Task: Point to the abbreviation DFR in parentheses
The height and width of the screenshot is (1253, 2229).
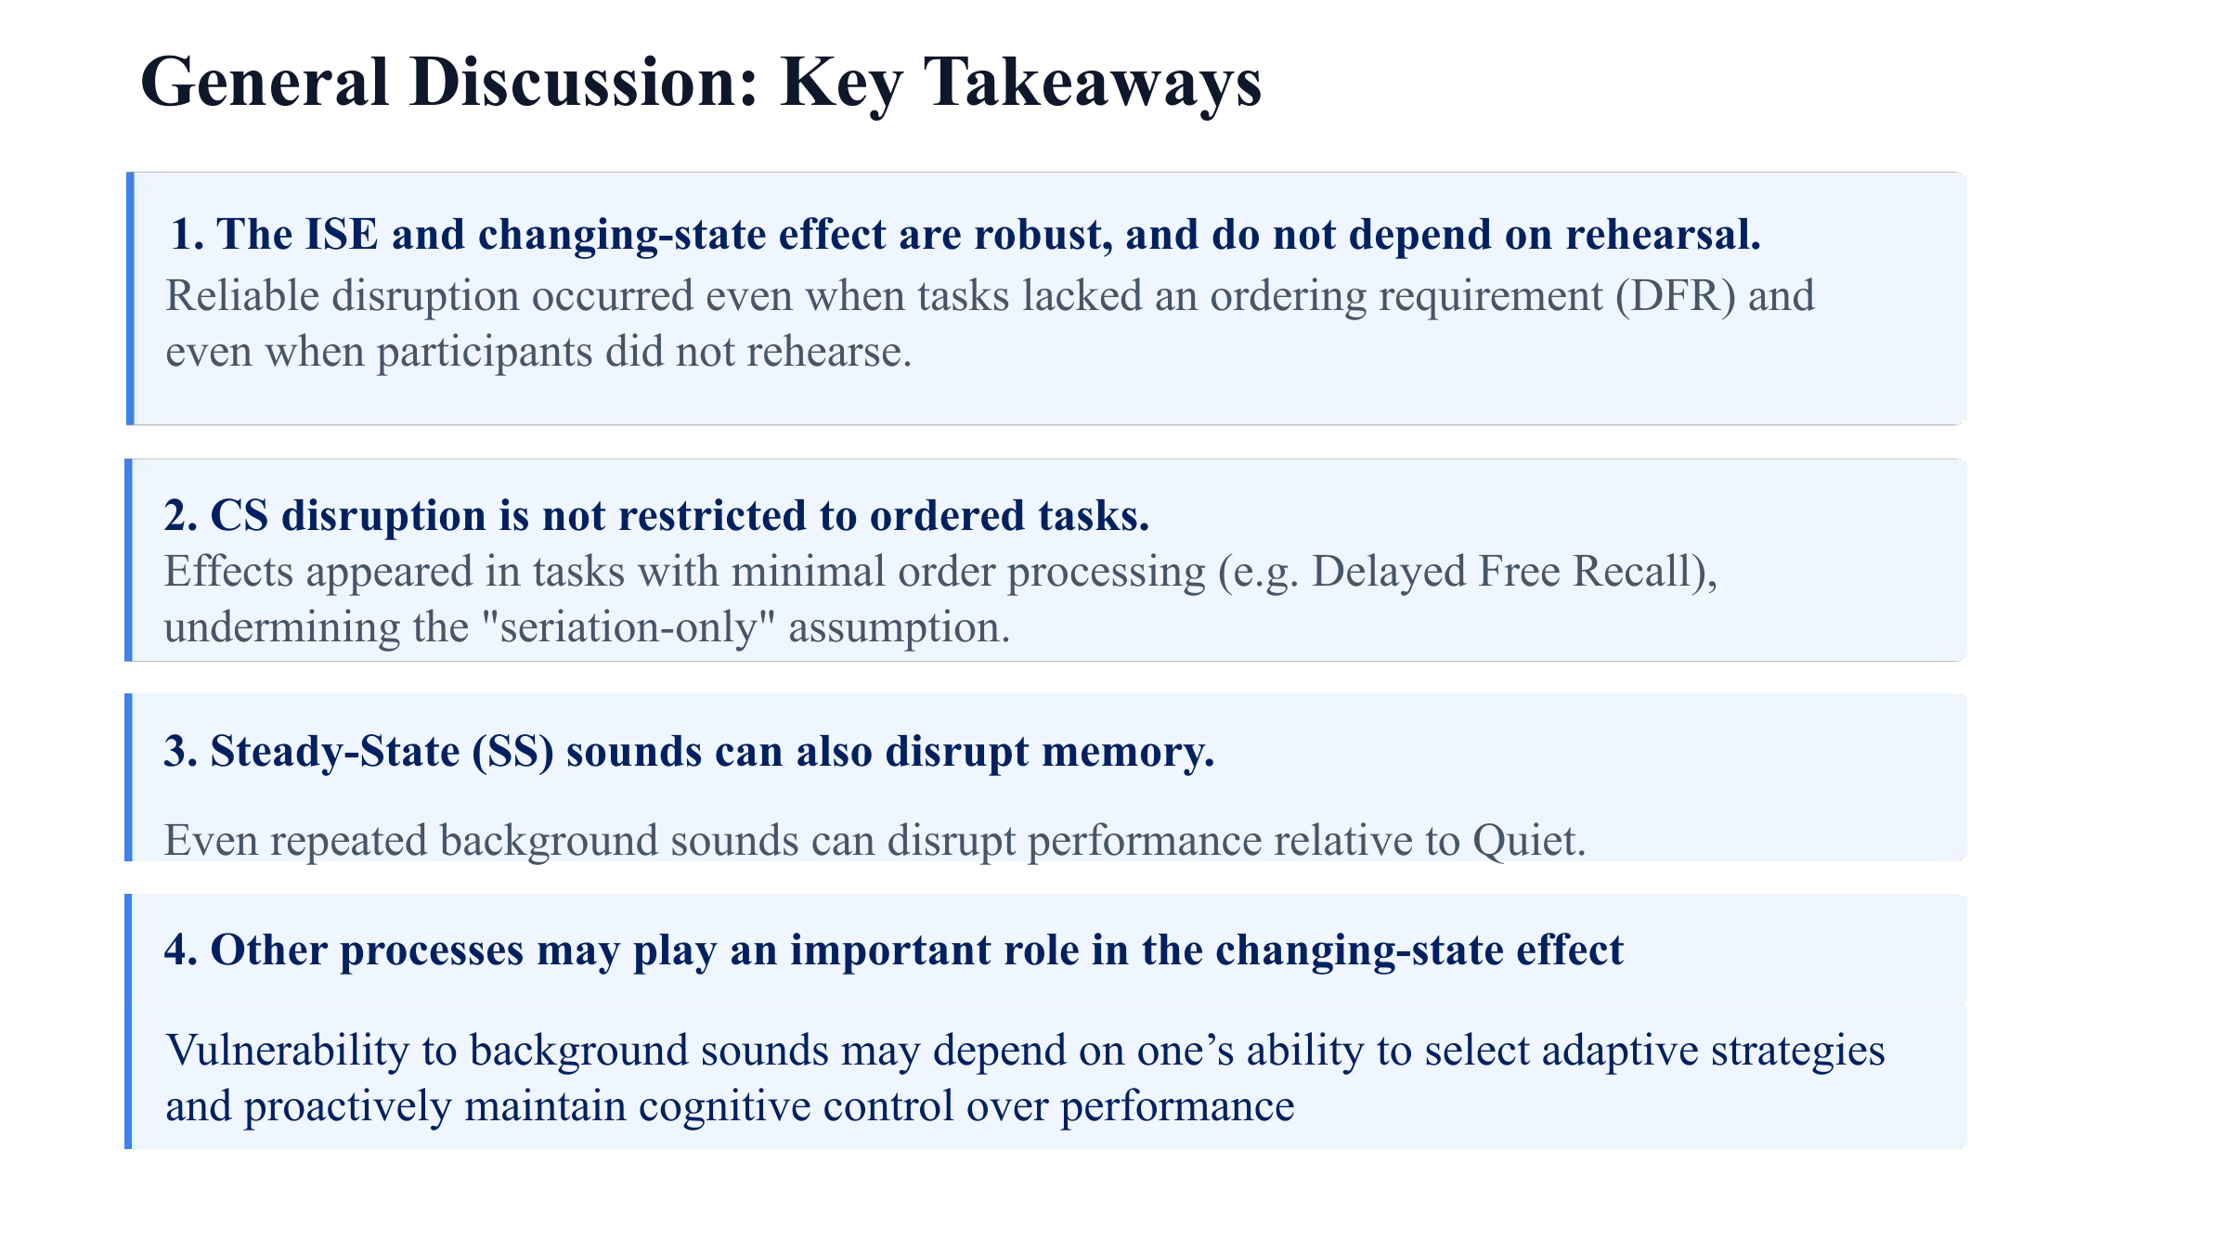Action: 1675,296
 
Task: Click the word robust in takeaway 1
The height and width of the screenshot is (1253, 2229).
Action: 1043,234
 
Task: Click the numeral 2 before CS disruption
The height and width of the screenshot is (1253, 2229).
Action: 175,516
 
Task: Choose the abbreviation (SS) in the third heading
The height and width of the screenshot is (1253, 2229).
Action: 513,752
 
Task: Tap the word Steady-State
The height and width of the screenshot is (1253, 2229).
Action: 335,752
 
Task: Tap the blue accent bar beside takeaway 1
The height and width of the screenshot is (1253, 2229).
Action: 130,298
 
